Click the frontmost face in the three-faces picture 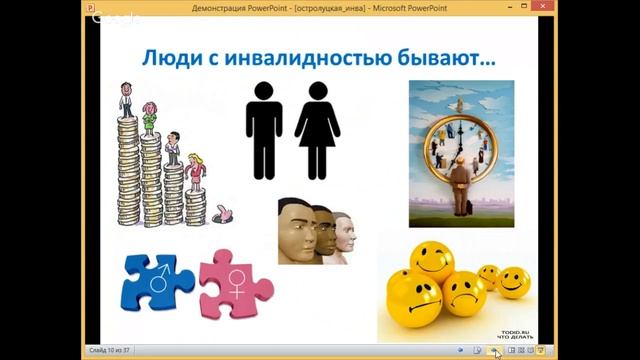click(x=297, y=229)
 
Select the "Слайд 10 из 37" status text click(x=112, y=351)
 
